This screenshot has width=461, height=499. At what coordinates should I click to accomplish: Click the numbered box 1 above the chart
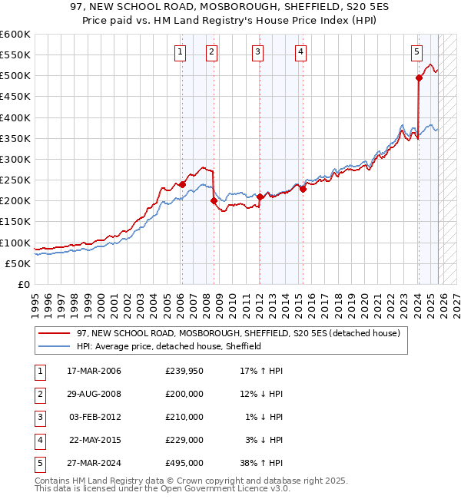click(x=180, y=52)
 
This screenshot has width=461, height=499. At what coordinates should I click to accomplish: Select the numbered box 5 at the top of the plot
click(x=416, y=52)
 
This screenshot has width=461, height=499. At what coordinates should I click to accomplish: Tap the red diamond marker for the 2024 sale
click(x=419, y=78)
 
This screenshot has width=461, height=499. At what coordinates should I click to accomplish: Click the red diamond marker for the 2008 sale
click(x=214, y=200)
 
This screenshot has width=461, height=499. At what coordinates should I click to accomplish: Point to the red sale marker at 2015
click(x=303, y=189)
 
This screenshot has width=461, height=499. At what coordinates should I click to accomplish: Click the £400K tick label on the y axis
click(x=15, y=117)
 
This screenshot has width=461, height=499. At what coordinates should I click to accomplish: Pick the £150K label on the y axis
click(x=15, y=222)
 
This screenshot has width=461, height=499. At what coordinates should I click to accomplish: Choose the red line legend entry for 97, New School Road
click(x=237, y=334)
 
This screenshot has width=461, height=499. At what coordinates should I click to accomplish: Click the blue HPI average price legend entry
click(x=169, y=346)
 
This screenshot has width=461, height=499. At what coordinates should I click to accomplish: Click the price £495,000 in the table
click(x=184, y=463)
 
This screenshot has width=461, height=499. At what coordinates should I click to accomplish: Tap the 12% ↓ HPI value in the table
click(x=260, y=394)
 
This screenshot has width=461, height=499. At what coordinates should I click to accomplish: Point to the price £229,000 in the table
click(x=184, y=440)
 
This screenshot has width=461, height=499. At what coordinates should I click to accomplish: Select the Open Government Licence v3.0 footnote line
click(x=163, y=488)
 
